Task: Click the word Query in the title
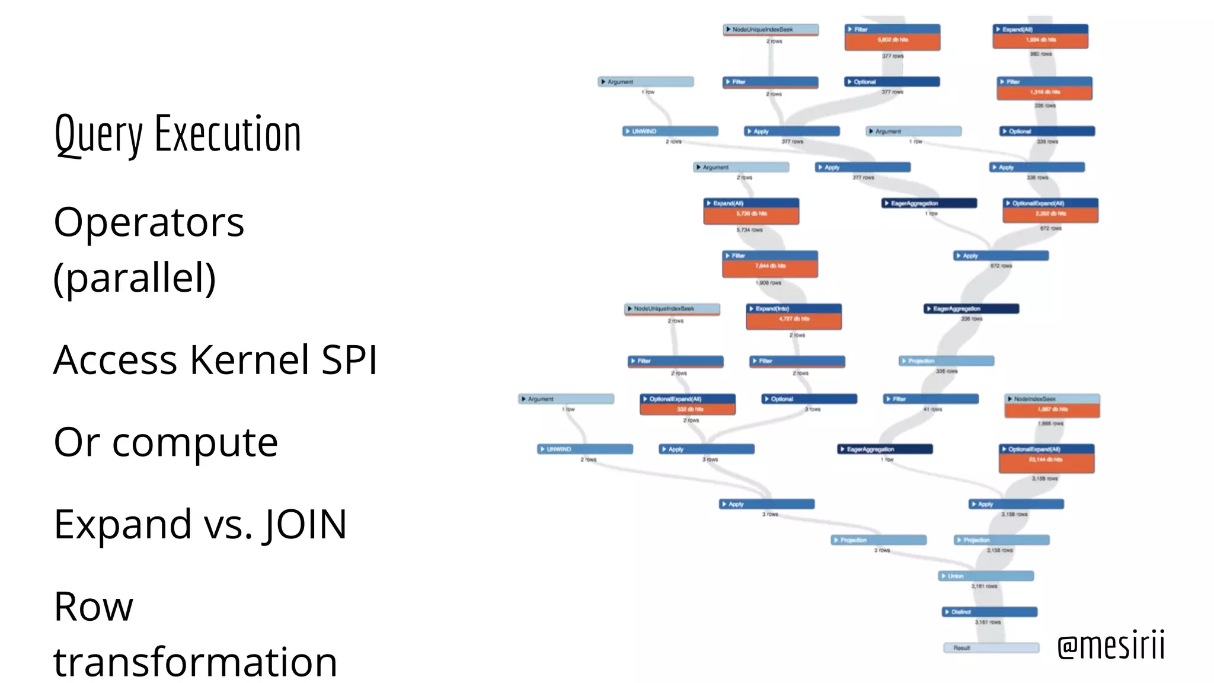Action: click(98, 135)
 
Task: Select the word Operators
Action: click(149, 222)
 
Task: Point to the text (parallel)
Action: click(135, 277)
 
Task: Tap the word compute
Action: click(195, 442)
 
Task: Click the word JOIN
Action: click(306, 525)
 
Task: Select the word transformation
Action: click(195, 662)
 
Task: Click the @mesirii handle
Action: click(1111, 646)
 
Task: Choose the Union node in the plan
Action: click(986, 576)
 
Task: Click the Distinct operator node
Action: click(989, 612)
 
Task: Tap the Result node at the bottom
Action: click(991, 648)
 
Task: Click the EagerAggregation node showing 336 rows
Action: click(972, 309)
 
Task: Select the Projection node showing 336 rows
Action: click(947, 361)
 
